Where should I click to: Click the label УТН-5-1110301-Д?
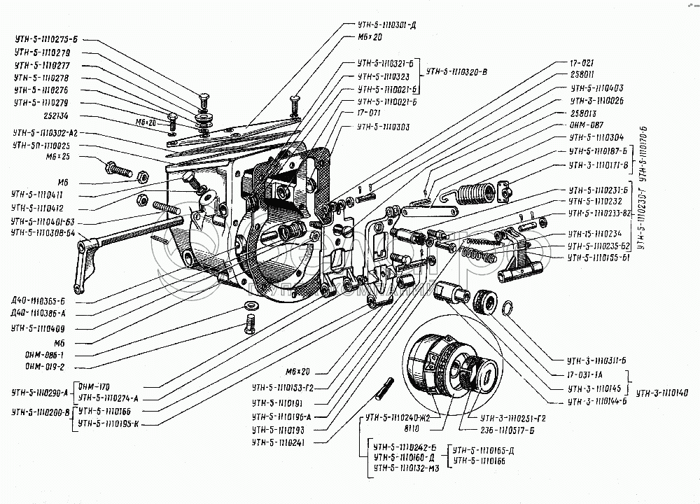[x=386, y=24]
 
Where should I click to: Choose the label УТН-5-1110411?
[x=38, y=194]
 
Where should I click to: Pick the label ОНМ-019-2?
[x=45, y=365]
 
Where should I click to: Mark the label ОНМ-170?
[x=93, y=386]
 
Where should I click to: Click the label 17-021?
[x=583, y=62]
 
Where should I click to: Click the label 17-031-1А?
[x=589, y=376]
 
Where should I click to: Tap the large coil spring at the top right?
[x=477, y=189]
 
